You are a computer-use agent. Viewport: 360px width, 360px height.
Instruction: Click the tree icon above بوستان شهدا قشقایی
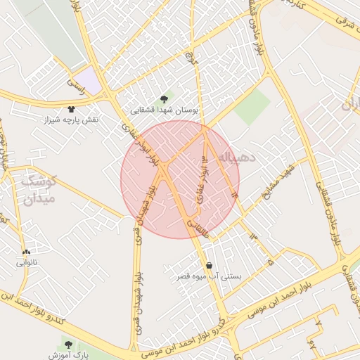click(165, 99)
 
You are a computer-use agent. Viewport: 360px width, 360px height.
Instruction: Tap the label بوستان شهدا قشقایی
click(167, 110)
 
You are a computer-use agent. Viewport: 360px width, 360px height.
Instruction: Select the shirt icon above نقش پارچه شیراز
click(71, 108)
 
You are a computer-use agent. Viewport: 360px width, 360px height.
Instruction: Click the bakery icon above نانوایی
click(26, 252)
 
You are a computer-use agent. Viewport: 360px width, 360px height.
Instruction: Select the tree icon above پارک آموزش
click(67, 345)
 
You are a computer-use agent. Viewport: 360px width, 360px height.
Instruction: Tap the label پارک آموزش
click(68, 356)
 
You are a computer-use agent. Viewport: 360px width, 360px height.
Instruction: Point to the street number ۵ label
click(269, 261)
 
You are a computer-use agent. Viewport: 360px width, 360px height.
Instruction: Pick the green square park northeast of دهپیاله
click(252, 108)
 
